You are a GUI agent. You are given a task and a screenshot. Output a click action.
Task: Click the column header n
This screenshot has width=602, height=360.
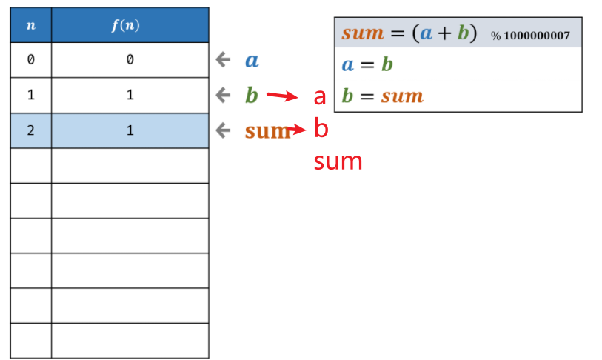30,24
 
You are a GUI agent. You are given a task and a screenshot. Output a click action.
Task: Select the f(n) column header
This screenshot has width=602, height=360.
130,24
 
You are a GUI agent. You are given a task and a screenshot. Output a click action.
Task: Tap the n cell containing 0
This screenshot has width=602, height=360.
30,60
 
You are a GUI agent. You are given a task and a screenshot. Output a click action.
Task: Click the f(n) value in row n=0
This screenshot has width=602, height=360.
130,60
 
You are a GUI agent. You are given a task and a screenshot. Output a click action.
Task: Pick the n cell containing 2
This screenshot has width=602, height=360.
30,130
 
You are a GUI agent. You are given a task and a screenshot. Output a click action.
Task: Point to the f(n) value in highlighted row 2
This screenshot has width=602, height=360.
130,130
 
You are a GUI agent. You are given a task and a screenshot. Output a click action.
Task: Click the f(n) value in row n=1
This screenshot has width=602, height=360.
130,95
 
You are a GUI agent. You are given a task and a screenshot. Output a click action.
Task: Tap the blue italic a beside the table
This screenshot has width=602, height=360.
251,60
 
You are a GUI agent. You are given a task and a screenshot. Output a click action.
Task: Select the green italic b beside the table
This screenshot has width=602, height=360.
251,94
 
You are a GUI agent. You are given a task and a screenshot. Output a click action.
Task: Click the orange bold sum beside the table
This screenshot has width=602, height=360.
267,131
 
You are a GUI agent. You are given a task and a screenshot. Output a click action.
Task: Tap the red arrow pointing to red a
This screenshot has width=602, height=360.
281,96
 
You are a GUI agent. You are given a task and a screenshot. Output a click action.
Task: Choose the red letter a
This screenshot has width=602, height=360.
320,97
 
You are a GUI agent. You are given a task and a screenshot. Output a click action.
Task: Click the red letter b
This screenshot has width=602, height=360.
321,129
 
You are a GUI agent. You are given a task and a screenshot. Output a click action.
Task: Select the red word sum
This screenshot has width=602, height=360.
338,161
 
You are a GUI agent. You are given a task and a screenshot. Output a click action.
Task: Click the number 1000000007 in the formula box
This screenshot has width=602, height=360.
537,36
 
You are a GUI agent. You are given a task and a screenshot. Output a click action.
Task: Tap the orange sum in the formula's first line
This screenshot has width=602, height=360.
363,34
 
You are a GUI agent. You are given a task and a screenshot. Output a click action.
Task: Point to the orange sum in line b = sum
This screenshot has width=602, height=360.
402,96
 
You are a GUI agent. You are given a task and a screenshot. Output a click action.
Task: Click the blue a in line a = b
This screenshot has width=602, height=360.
348,65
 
